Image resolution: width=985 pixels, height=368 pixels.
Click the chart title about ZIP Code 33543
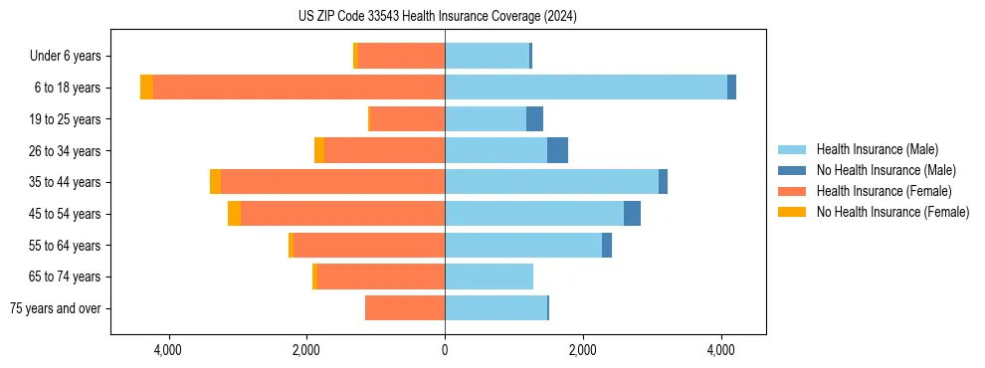[437, 17]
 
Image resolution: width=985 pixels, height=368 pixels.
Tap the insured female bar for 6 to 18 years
[298, 88]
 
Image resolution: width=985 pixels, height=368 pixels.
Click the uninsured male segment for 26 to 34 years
[557, 150]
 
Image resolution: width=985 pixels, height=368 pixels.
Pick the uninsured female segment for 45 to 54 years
[234, 213]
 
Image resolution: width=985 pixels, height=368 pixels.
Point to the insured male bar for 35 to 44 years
[551, 182]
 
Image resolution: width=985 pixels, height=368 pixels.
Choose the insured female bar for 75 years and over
[405, 307]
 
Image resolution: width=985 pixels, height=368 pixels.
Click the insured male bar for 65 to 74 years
[489, 276]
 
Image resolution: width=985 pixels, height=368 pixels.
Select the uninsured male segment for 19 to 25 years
[534, 119]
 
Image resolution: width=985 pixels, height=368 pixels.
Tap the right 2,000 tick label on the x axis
[583, 350]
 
